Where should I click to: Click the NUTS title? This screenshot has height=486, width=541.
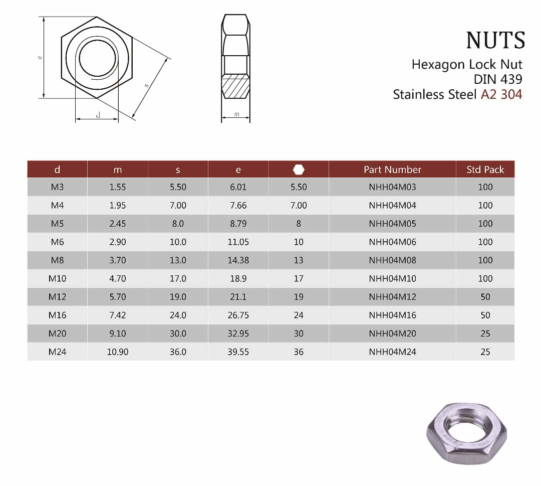coord(495,41)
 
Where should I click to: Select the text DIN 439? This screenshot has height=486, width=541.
coord(498,79)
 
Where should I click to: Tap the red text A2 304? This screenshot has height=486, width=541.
coord(501,94)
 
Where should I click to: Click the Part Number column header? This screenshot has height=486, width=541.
coord(392,170)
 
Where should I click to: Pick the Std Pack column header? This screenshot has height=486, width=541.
coord(485,170)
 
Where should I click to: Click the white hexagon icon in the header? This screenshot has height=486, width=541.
coord(299,170)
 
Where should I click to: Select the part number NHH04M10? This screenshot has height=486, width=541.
coord(392,278)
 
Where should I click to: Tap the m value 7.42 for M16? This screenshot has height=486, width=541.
coord(118,315)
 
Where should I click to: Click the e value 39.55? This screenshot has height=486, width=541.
coord(238,352)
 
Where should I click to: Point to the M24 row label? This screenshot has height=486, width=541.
coord(57,352)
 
